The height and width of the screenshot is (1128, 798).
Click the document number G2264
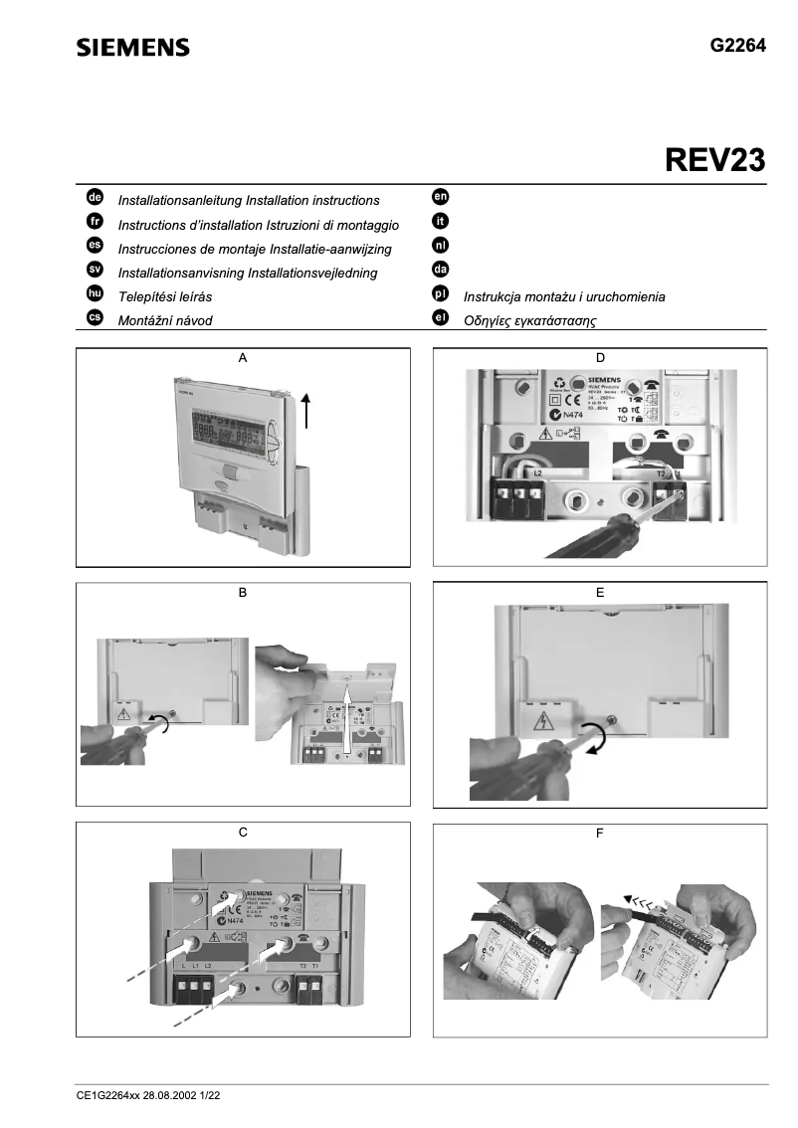(737, 45)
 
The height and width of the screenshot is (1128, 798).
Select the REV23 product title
(714, 160)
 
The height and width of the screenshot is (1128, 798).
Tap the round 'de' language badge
(96, 199)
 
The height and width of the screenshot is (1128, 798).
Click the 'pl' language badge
(441, 295)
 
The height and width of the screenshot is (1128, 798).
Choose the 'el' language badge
(441, 318)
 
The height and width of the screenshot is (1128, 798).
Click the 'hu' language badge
(96, 295)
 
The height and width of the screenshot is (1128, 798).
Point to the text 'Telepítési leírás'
(165, 297)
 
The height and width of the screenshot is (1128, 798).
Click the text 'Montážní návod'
(165, 320)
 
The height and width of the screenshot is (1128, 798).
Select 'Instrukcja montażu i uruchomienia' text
(564, 297)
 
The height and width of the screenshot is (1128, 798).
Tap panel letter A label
(243, 357)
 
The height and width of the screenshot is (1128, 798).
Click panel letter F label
(599, 833)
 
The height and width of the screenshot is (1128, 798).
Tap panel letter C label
(243, 833)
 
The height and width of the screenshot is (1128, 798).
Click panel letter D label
(599, 357)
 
